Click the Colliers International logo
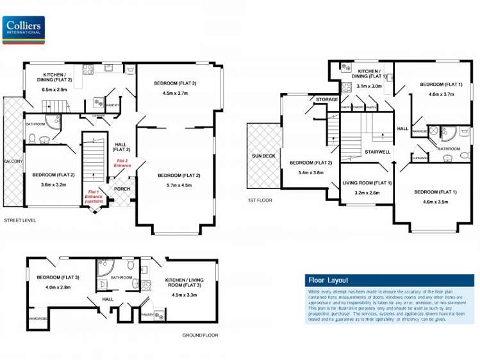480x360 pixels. tap(24, 29)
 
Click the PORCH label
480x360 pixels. tap(122, 189)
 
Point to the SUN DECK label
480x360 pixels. tap(263, 154)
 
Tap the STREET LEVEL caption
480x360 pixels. tap(20, 220)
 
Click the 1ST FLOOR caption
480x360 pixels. tap(260, 200)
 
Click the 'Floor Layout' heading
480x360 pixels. tap(327, 281)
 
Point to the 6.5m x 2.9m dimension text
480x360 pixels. tap(54, 90)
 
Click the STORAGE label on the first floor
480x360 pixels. tap(327, 100)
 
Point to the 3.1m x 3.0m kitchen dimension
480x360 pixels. tap(369, 86)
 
